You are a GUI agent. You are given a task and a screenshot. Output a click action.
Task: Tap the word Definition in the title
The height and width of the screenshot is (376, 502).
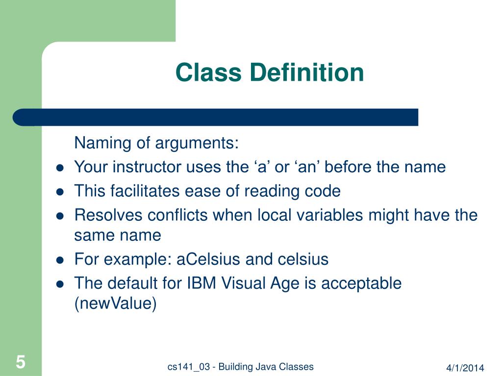[x=306, y=72]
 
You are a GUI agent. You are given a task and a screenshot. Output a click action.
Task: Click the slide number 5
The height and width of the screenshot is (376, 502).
[x=20, y=362]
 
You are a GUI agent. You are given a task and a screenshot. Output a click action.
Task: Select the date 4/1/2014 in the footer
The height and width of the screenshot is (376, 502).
[x=465, y=368]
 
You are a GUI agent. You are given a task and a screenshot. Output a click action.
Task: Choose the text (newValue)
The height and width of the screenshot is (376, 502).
[x=115, y=304]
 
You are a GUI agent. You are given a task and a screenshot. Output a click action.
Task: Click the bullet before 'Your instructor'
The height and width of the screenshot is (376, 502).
[x=60, y=167]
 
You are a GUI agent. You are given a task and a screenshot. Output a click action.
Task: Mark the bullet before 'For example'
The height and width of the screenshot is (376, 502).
[x=60, y=259]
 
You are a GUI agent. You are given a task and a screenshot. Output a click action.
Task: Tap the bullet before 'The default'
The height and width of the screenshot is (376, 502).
[x=60, y=283]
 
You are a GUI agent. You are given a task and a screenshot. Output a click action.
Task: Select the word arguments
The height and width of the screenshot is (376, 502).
[x=197, y=144]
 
